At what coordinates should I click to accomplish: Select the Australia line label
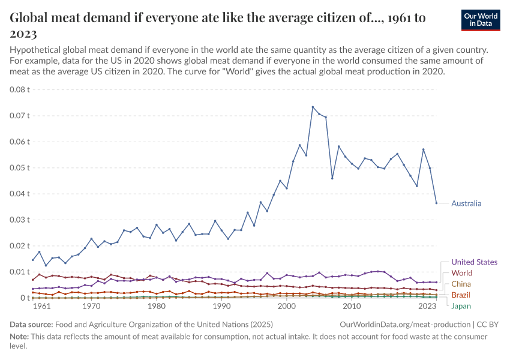coord(466,203)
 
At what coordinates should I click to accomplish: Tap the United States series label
coord(474,262)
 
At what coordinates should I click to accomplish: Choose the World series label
coord(462,273)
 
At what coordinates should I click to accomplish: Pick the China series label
coord(461,284)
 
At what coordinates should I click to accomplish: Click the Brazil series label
coord(461,295)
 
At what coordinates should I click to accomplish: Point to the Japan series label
coord(461,306)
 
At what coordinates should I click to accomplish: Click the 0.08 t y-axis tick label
coord(20,89)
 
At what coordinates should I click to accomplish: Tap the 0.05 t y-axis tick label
coord(20,167)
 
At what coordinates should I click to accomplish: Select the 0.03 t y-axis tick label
coord(20,220)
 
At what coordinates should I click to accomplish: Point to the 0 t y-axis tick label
coord(25,298)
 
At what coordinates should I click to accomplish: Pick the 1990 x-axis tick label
coord(222,306)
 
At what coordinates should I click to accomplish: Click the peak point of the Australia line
coord(313,107)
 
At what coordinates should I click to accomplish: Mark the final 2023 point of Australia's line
coord(436,203)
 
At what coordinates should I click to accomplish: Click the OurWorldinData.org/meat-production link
coord(406,324)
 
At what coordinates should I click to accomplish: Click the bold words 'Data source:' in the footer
coord(34,324)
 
